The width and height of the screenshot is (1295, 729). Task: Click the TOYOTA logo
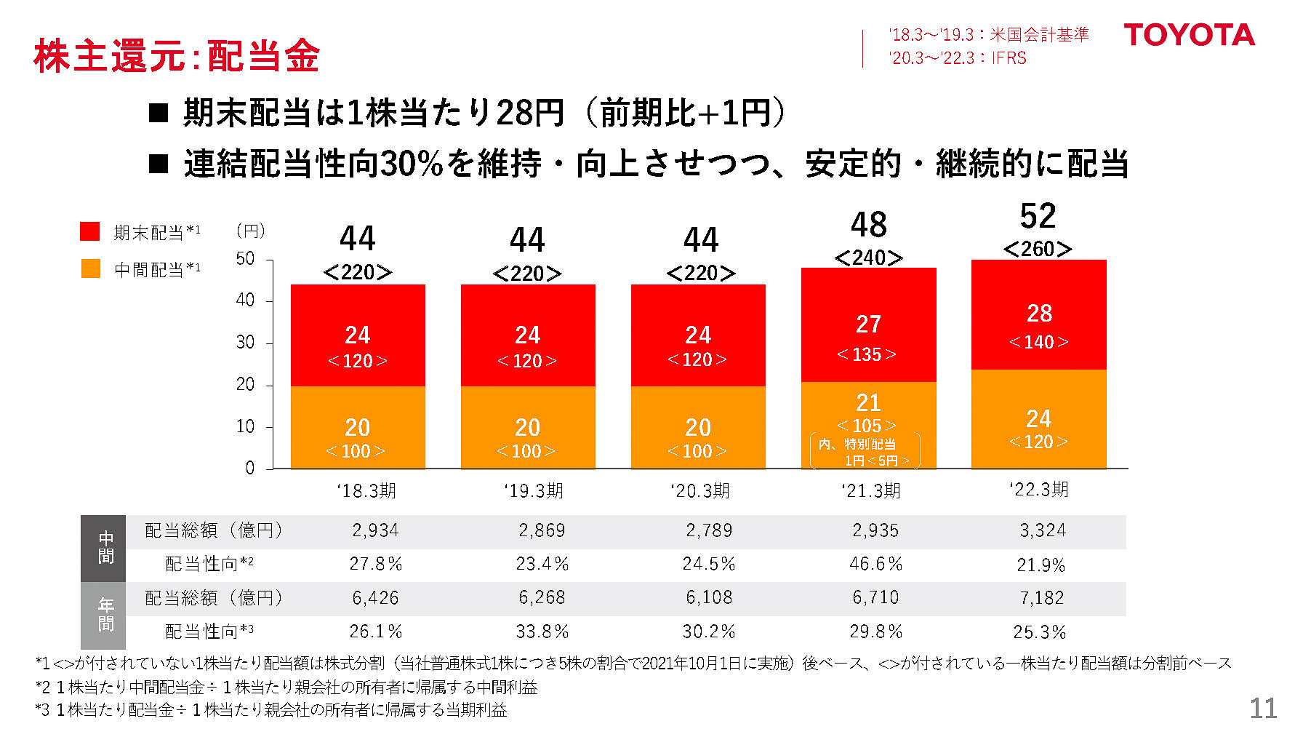[1189, 35]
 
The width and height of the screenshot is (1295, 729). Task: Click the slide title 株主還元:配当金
[177, 56]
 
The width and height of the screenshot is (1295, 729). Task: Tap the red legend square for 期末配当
[89, 231]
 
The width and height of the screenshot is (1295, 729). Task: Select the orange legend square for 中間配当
[90, 268]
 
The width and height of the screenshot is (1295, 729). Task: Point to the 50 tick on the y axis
[246, 259]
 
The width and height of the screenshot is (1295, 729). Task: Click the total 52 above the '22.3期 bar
[1038, 216]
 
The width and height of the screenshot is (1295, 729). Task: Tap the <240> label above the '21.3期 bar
[868, 258]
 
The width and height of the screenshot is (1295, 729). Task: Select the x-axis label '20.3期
[699, 491]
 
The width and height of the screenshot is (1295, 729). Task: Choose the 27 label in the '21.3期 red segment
[868, 324]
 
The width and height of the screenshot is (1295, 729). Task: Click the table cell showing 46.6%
[875, 564]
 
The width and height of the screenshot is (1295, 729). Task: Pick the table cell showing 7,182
[1041, 598]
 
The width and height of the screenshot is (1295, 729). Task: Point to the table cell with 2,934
[375, 530]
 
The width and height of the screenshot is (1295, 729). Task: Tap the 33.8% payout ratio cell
[542, 632]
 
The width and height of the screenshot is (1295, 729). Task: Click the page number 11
[1262, 708]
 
